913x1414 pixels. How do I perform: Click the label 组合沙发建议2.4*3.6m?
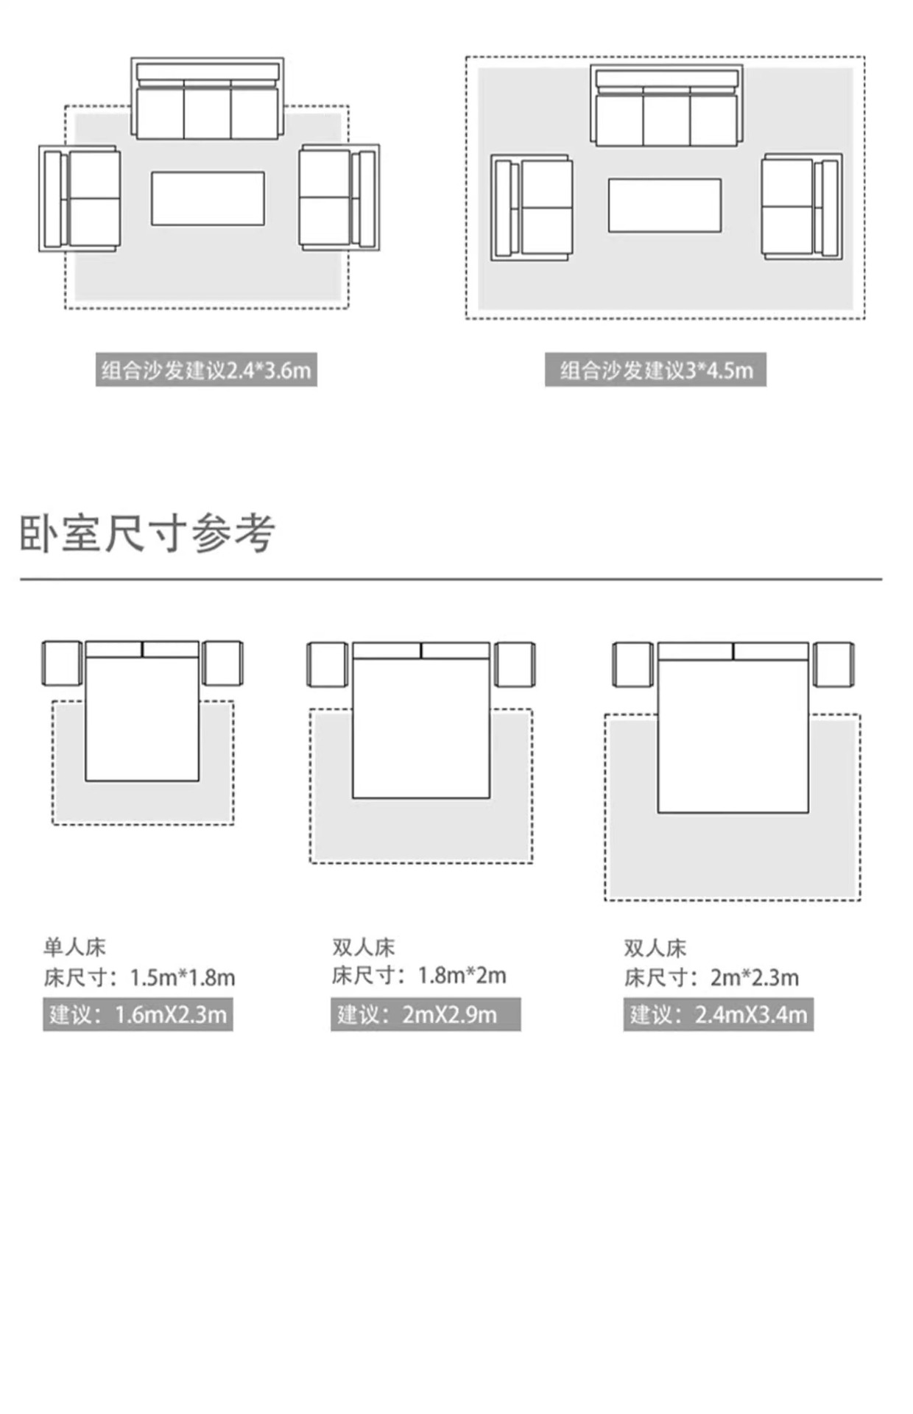[206, 370]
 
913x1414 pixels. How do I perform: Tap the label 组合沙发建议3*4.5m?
[655, 370]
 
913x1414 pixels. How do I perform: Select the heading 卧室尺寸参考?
[147, 533]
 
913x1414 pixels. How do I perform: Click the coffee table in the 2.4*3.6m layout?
[208, 199]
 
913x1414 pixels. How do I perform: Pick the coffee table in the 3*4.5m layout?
[664, 205]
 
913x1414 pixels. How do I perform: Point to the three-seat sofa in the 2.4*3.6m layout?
[207, 99]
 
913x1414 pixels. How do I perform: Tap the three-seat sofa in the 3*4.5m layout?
[666, 106]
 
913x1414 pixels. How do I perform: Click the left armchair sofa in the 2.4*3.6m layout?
[80, 199]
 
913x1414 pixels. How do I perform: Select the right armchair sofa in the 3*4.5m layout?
[802, 206]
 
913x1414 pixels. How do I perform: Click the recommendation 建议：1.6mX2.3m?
[138, 1015]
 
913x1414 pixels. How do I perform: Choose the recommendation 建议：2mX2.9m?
[425, 1015]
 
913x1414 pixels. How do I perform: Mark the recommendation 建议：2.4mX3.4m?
[718, 1015]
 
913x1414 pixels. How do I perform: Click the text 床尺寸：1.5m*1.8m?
[139, 978]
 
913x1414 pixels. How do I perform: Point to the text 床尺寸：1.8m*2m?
[418, 976]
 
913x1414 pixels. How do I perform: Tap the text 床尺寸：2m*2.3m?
[711, 978]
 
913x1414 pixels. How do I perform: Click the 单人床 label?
[74, 947]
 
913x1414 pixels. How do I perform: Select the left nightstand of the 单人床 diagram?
[62, 664]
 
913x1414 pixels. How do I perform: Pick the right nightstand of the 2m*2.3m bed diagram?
[833, 664]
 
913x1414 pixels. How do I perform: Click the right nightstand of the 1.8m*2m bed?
[515, 665]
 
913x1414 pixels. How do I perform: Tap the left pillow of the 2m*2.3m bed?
[695, 652]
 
